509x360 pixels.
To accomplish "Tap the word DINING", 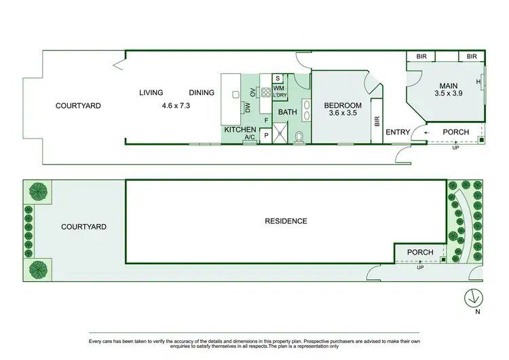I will point(202,93).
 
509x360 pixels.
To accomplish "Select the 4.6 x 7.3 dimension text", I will point(177,106).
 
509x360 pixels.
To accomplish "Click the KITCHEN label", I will point(240,129).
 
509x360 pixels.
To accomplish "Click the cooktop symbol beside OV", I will point(266,92).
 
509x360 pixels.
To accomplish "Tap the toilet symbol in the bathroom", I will point(300,137).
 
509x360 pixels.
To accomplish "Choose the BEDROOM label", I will point(342,105).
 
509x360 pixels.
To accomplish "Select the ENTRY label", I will point(398,132).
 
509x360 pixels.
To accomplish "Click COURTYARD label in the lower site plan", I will point(83,227).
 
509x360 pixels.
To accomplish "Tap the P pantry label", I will point(265,136).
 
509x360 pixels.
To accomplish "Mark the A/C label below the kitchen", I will point(249,138).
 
